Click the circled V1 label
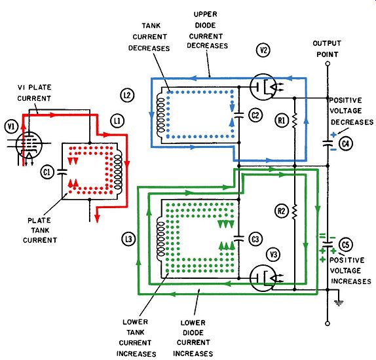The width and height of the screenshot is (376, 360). point(11,126)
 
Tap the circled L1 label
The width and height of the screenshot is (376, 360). point(117,121)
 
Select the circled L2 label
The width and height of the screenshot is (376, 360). point(127,96)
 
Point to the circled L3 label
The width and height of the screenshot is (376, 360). point(129,239)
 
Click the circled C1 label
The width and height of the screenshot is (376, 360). point(47,172)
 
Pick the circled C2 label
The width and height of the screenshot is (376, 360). point(255,115)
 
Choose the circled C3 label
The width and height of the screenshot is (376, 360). point(255,239)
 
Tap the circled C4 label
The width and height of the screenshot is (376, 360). point(346,143)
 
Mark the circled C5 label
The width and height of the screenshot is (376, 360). point(346,245)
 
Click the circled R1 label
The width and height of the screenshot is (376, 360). point(282,120)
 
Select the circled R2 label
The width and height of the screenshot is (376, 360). point(282,211)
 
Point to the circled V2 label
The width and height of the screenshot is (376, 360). point(263,50)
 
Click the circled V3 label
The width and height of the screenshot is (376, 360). point(274,255)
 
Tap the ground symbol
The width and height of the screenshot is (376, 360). point(339,303)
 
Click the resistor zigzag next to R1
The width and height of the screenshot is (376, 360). point(295,120)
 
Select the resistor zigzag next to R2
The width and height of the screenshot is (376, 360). point(295,211)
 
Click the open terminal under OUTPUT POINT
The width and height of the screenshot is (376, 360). point(328,63)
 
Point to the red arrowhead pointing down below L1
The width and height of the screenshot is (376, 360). point(97,217)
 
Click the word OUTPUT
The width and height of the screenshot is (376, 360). point(327,44)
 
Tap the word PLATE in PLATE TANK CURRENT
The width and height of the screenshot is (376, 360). point(39,221)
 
